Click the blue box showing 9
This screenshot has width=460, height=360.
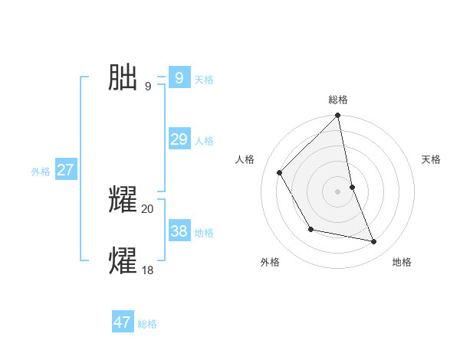point(179,78)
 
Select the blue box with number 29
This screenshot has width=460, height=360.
point(179,139)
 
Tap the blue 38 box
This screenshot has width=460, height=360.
point(179,231)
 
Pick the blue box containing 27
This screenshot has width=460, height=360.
point(65,170)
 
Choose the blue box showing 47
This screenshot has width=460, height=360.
point(123,322)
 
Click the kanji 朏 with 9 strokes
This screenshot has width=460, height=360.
point(123,77)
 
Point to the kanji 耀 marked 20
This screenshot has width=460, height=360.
point(123,200)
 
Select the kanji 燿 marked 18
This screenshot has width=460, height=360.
point(123,260)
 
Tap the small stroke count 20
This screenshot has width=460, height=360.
point(147,209)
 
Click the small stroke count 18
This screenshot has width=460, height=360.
point(147,270)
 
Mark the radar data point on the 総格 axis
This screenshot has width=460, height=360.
point(337,116)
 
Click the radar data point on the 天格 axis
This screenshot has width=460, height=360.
point(352,187)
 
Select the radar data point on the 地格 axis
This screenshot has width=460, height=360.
point(374,242)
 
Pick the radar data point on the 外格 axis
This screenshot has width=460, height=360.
point(310,229)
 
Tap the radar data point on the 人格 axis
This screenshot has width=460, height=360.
point(280,172)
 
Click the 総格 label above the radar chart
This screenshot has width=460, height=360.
point(338,100)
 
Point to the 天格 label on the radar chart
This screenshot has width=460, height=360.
point(431,159)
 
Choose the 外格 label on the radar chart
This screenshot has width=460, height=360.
point(270,262)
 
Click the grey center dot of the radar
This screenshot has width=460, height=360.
point(337,191)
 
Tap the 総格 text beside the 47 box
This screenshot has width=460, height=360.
point(147,324)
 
